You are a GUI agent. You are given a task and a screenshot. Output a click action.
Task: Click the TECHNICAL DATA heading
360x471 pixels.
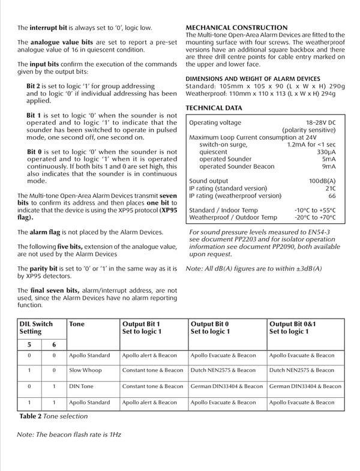[x=214, y=108]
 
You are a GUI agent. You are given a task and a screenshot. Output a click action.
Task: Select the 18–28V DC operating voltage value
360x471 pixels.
[x=321, y=122]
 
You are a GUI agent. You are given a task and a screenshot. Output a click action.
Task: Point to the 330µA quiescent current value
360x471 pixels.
[x=326, y=152]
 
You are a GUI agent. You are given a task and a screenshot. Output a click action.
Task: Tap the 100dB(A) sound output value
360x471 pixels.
[x=322, y=181]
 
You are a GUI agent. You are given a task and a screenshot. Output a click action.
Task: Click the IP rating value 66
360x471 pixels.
[x=332, y=196]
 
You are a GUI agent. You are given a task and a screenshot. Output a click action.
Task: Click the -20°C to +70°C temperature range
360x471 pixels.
[x=315, y=218]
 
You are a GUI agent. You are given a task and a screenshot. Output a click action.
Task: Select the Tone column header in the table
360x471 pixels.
[x=77, y=324]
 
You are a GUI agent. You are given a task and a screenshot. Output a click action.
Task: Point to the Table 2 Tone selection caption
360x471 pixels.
[x=53, y=416]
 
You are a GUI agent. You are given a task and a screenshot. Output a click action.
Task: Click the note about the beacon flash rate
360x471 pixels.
[x=68, y=434]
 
